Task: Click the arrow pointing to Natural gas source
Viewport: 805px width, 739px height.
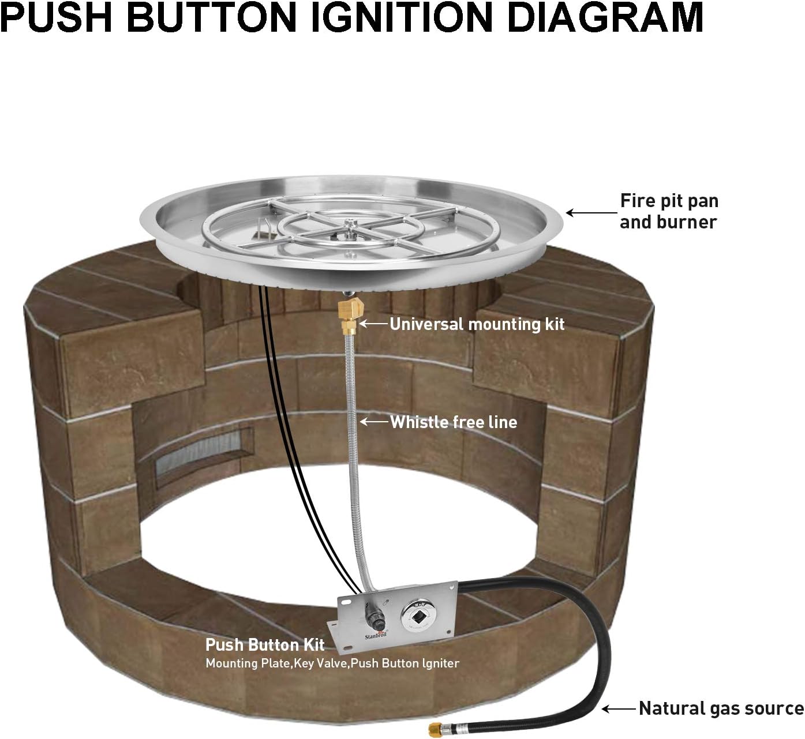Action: pos(619,708)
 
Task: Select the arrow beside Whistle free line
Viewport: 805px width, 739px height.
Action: pos(374,422)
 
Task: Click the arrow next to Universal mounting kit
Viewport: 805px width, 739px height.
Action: pos(374,324)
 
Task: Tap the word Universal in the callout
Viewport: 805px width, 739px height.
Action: pos(426,324)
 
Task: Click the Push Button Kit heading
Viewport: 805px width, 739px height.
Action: pos(265,644)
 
